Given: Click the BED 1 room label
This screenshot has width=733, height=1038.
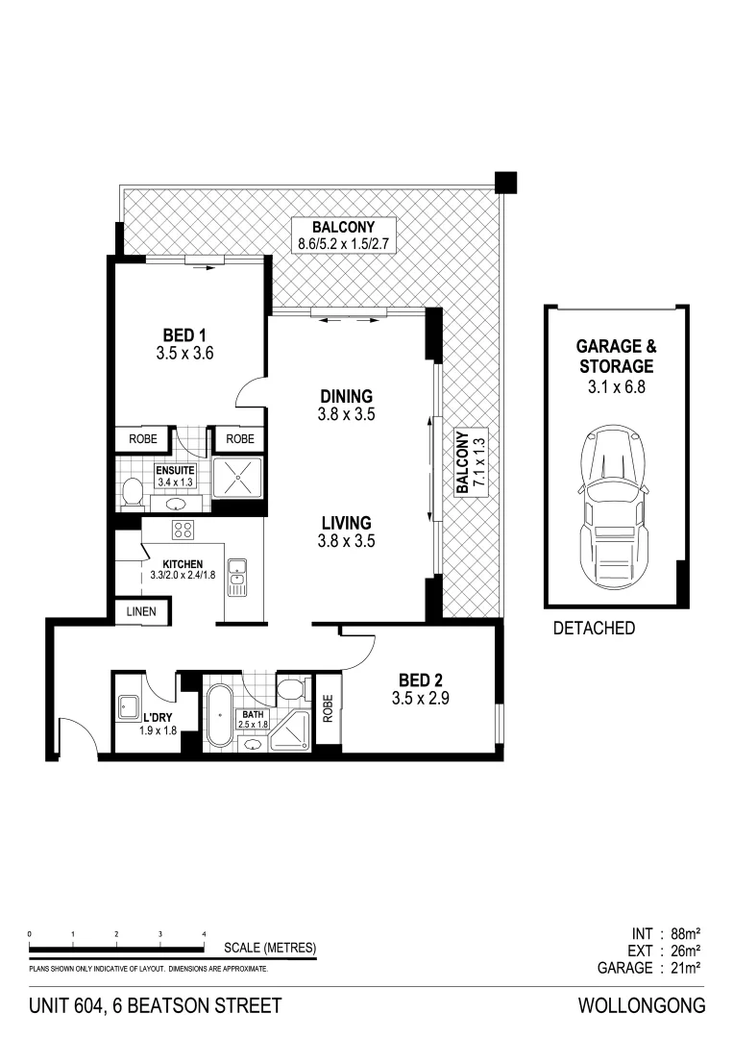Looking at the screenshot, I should point(183,334).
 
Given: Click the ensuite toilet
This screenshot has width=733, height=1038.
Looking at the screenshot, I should point(133,494).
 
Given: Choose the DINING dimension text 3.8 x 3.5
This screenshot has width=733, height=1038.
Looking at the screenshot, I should point(346,415).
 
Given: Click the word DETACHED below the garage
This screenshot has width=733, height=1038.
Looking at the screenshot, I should point(595,629).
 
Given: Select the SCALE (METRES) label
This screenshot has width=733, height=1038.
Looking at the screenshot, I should point(270,949).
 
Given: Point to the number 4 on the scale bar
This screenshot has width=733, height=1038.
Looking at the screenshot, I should point(204,933).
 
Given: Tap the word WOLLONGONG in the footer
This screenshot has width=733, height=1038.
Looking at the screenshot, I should point(642,1006).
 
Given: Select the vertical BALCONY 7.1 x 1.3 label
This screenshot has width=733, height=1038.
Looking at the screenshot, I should point(469,463).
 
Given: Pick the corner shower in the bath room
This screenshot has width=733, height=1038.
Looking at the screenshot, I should point(288,732).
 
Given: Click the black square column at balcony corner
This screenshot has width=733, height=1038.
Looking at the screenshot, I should point(505,182).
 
